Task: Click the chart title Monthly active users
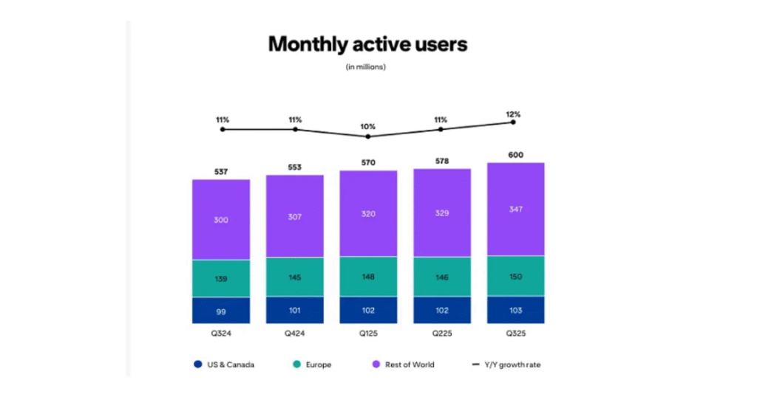367,44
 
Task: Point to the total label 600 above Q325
515,154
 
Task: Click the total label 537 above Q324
221,172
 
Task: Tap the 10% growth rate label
368,126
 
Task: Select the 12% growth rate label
514,114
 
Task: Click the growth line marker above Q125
368,137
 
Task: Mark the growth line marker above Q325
514,122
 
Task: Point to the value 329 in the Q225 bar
441,213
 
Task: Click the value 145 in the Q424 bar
295,277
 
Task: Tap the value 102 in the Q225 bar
441,311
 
